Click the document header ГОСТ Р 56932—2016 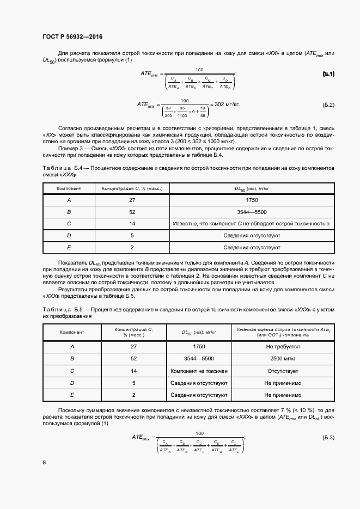pyautogui.click(x=72, y=37)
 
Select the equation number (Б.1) pyautogui.click(x=328, y=74)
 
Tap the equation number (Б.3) pyautogui.click(x=328, y=437)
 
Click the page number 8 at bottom pyautogui.click(x=44, y=462)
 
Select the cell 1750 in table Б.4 pyautogui.click(x=251, y=200)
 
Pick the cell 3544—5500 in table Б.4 pyautogui.click(x=251, y=212)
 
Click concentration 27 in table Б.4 pyautogui.click(x=132, y=200)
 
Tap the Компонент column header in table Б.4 pyautogui.click(x=69, y=188)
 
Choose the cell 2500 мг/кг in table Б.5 pyautogui.click(x=283, y=359)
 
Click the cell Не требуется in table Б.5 pyautogui.click(x=283, y=346)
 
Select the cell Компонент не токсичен pyautogui.click(x=199, y=371)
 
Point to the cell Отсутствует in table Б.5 pyautogui.click(x=283, y=371)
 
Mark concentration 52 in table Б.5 pyautogui.click(x=134, y=359)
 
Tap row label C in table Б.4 pyautogui.click(x=69, y=223)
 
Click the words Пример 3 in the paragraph pyautogui.click(x=71, y=148)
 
